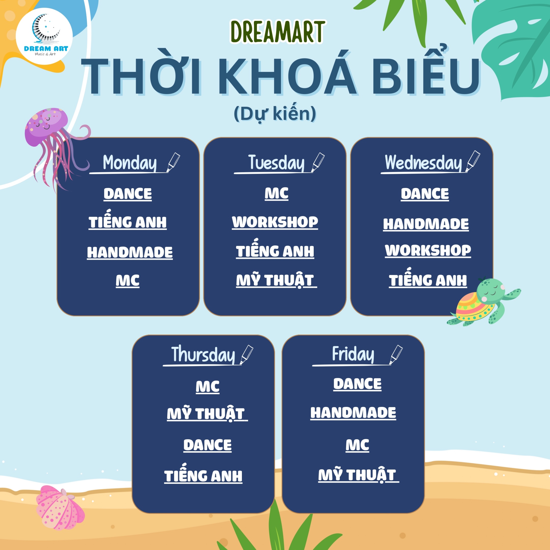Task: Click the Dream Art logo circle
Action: coord(44,36)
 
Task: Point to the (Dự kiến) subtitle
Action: coord(275,114)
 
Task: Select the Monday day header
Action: coord(130,163)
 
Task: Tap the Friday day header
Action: coord(353,354)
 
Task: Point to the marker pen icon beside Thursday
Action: coord(246,355)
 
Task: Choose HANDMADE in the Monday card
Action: coord(130,253)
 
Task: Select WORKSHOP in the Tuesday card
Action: coord(275,222)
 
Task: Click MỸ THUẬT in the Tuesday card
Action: coord(275,281)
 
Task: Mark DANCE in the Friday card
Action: coord(358,384)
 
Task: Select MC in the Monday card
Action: coord(128,281)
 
